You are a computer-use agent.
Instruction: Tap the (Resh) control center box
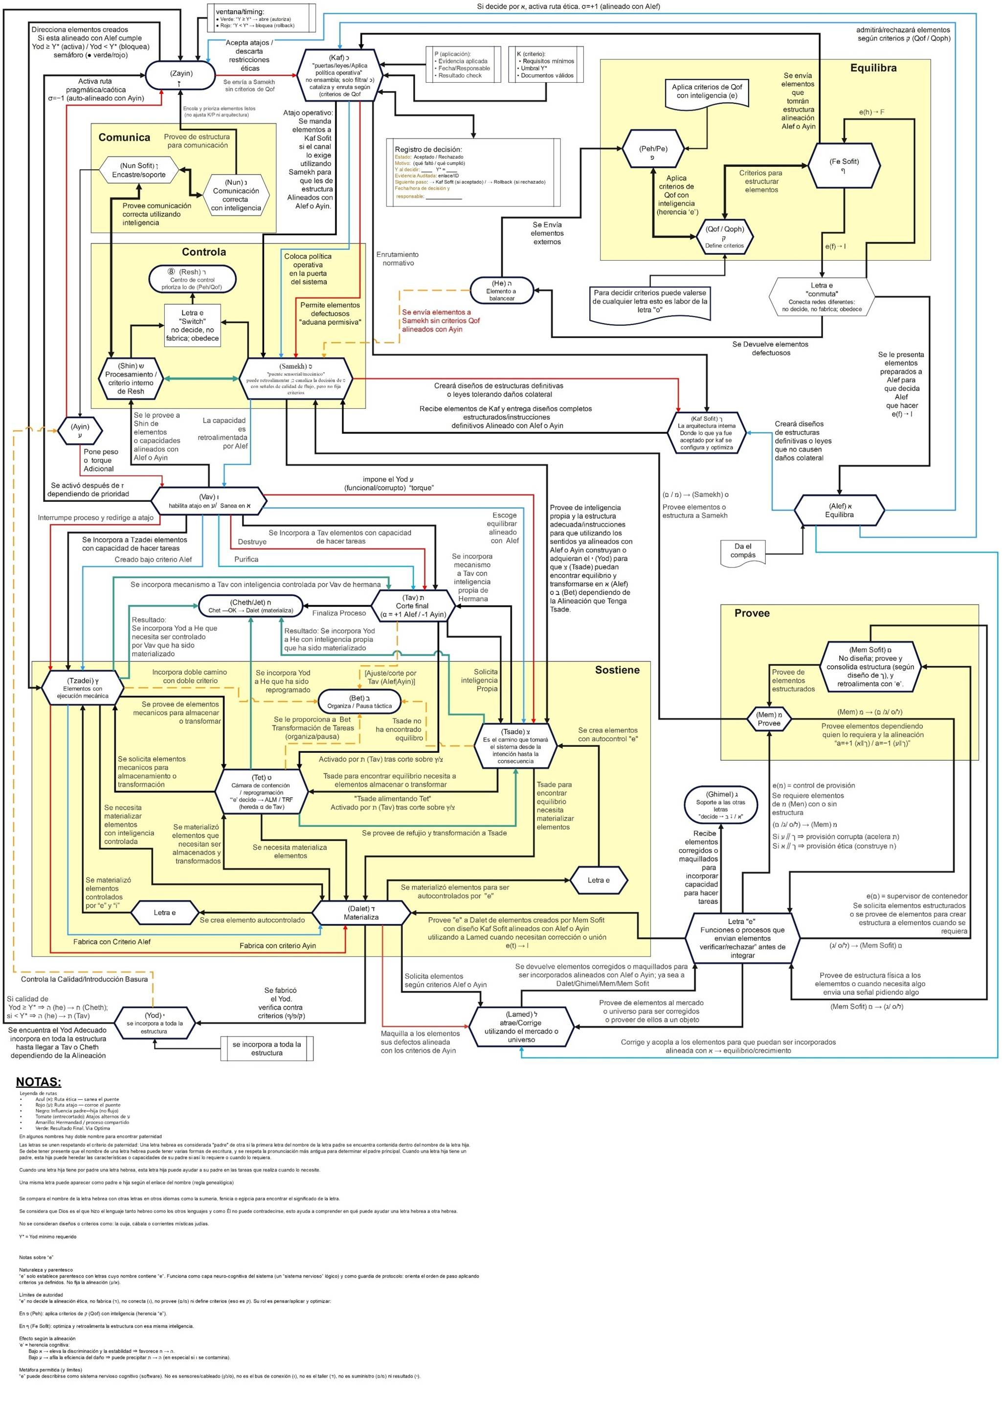coord(192,279)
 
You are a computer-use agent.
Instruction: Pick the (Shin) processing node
coord(131,378)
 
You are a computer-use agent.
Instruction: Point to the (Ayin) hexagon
coord(80,430)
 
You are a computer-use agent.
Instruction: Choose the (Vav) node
coord(209,500)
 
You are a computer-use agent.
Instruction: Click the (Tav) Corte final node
coord(412,606)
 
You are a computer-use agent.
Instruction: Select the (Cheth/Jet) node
coord(250,606)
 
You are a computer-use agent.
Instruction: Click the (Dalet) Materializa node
coord(361,913)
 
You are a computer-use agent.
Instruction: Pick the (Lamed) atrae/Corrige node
coord(522,1027)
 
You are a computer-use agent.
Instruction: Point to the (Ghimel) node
coord(721,806)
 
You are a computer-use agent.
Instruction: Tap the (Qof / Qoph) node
coord(725,236)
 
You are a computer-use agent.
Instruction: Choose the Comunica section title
coord(124,137)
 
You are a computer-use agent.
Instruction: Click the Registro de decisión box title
coord(428,149)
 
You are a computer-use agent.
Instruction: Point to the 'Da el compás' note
coord(743,552)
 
